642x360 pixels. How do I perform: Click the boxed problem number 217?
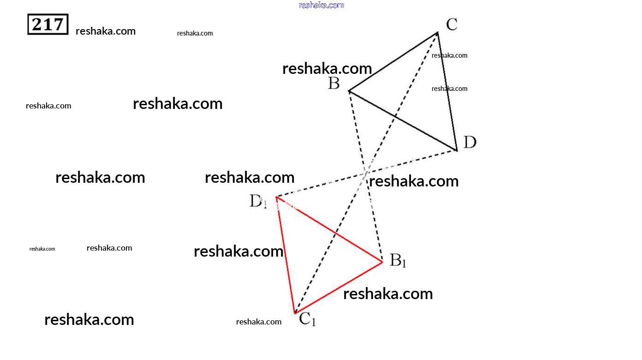48,24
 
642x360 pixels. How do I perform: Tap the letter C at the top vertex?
452,24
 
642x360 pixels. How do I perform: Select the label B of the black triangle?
334,84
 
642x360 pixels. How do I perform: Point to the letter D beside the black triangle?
470,142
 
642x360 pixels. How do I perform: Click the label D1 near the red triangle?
258,201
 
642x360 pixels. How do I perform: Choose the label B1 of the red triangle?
398,260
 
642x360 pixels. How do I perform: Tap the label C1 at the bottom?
307,319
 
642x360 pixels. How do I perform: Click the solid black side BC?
393,62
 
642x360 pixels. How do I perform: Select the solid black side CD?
447,91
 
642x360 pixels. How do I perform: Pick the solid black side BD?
402,120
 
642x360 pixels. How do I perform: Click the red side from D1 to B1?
329,229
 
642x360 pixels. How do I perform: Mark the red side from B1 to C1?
339,288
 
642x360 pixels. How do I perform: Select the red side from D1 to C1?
285,255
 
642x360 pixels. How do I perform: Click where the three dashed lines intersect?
366,173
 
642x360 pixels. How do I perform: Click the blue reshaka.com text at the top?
321,5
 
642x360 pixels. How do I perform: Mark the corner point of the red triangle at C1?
295,313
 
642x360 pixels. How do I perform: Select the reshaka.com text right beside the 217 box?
106,31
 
